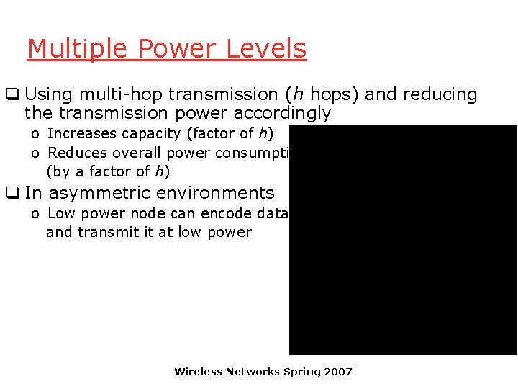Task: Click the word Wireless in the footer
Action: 199,372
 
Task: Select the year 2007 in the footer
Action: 338,372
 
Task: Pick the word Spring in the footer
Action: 302,372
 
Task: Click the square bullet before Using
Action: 12,94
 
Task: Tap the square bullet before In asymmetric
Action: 12,193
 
